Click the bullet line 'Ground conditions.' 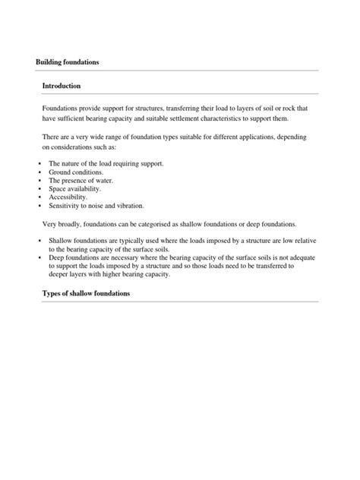click(x=76, y=172)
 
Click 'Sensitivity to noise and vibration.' click(x=96, y=206)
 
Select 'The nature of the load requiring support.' click(x=106, y=163)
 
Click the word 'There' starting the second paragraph click(x=52, y=137)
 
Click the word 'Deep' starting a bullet click(x=56, y=258)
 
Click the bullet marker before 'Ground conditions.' click(x=39, y=172)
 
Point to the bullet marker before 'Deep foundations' click(x=39, y=258)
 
